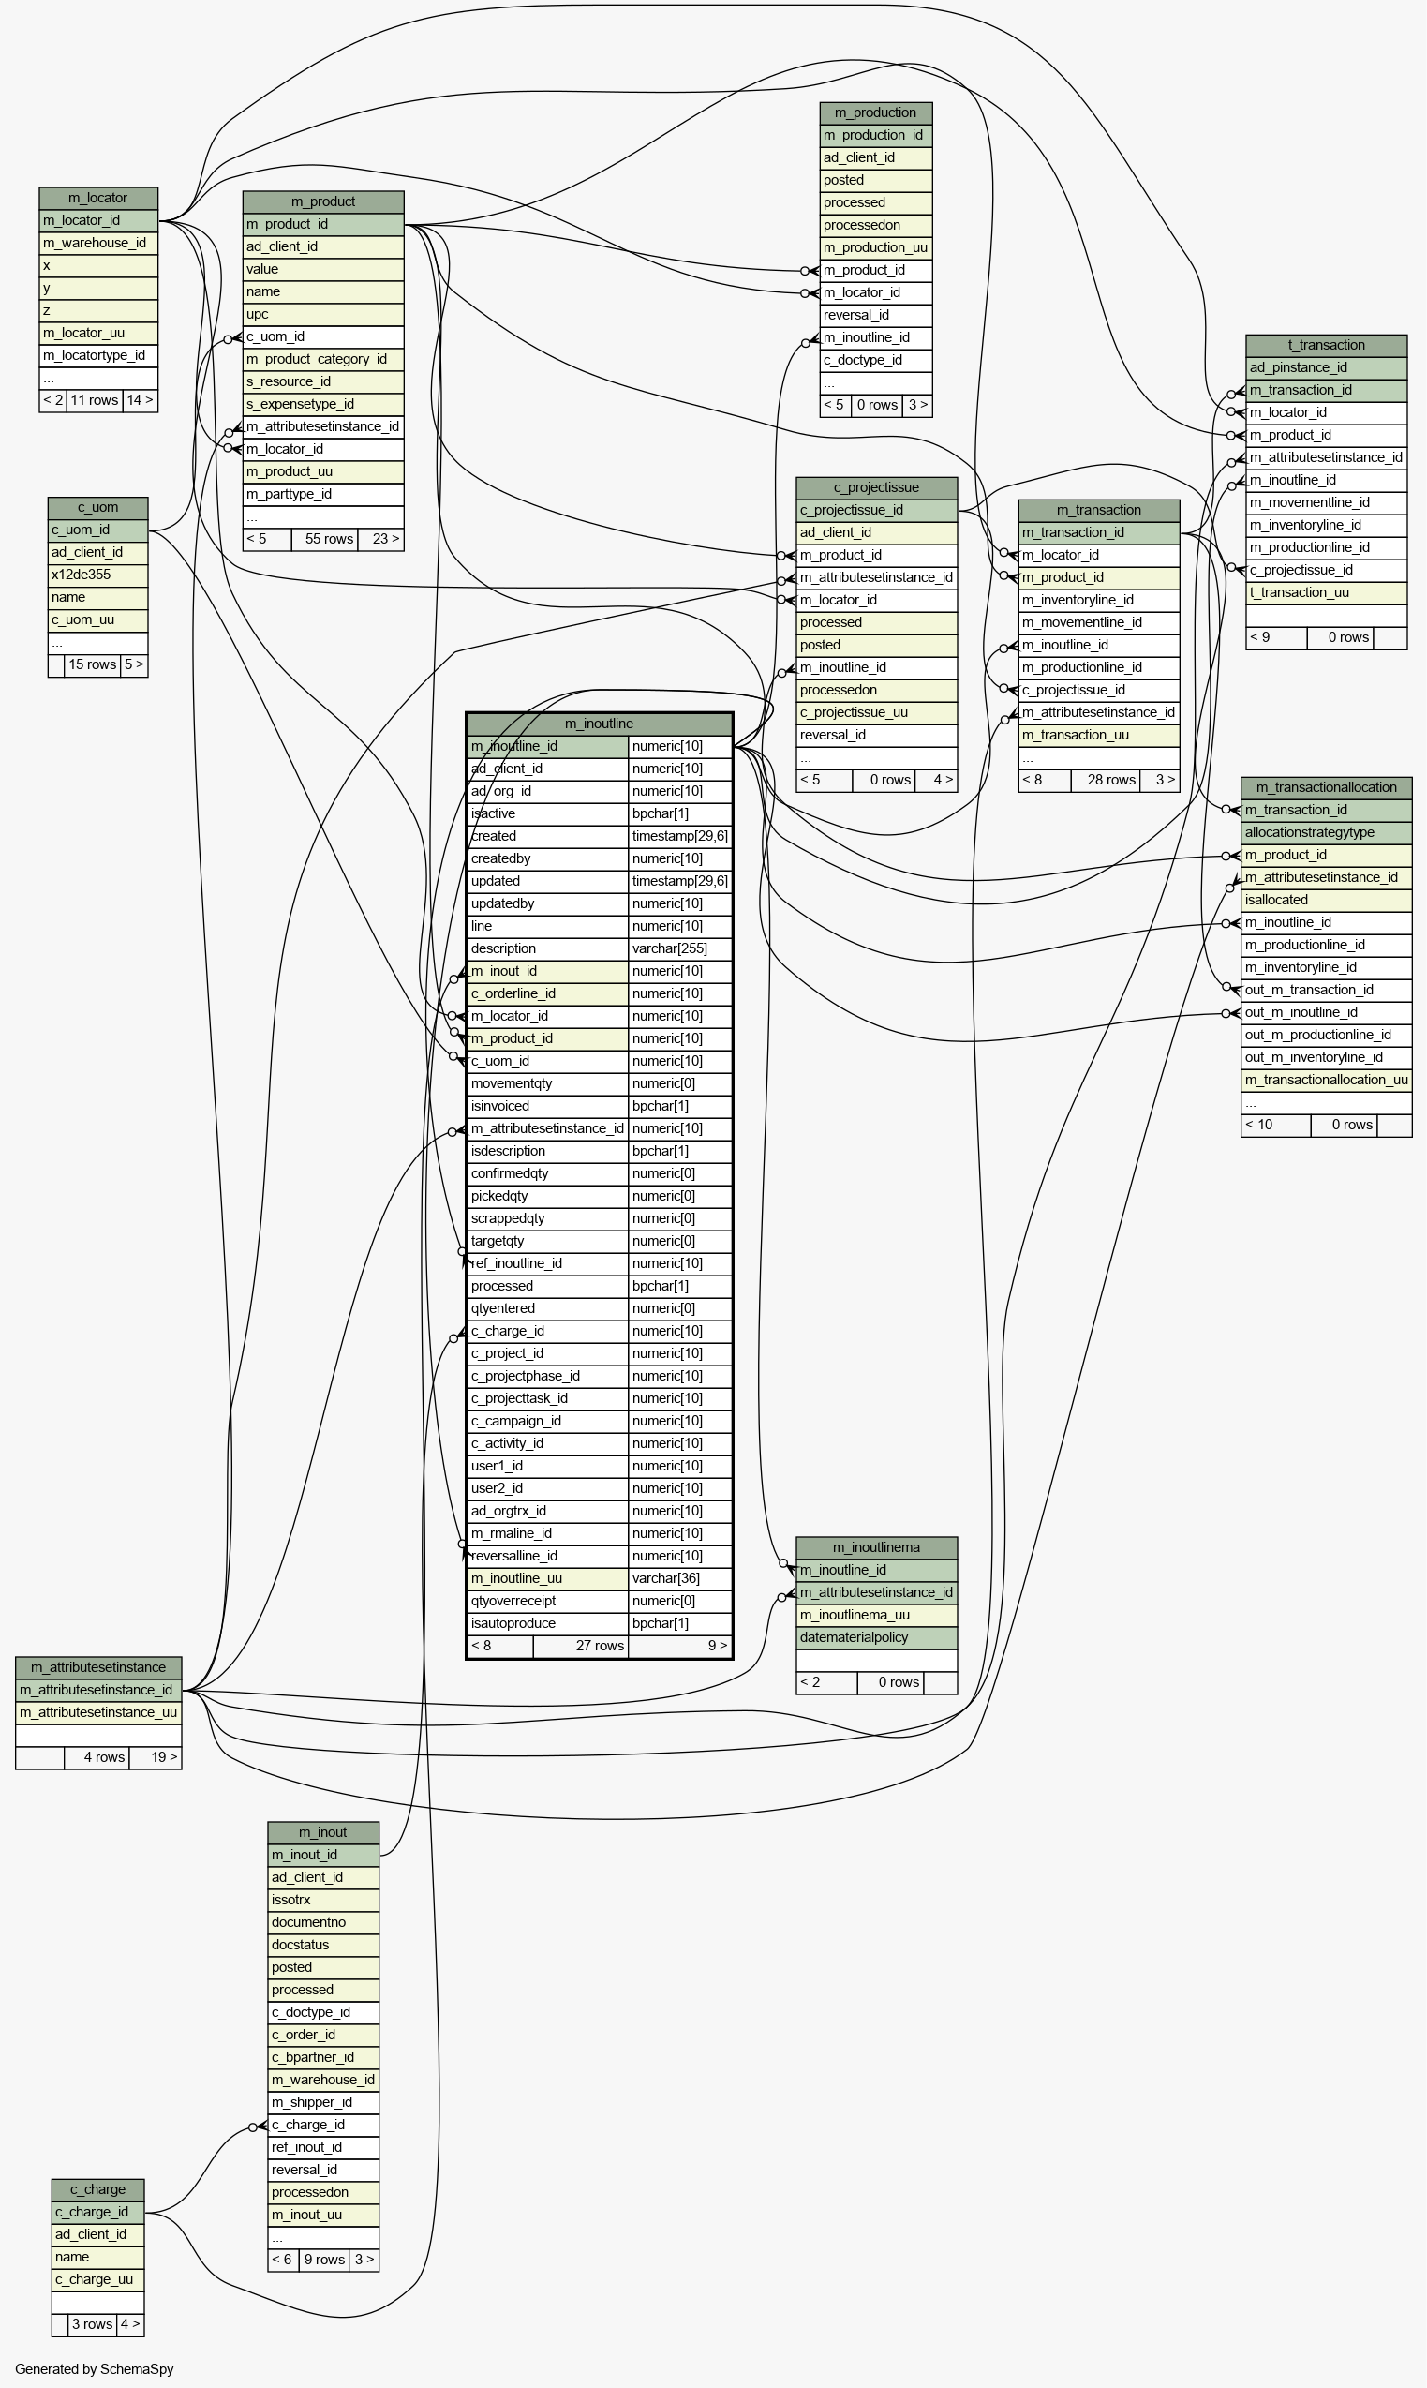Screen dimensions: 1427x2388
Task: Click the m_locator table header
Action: coord(98,198)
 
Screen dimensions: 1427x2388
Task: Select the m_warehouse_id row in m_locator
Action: coord(98,244)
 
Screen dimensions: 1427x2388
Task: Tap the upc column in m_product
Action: coord(323,315)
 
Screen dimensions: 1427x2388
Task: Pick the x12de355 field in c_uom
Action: coord(98,575)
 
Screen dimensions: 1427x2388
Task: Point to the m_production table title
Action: coord(876,113)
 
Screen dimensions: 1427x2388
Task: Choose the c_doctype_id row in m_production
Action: coord(876,361)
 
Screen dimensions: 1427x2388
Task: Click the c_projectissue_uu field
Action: coord(877,712)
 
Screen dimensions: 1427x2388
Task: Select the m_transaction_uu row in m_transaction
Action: coord(1099,736)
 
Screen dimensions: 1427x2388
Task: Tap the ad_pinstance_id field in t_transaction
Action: coord(1326,367)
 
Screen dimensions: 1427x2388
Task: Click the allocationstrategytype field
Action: coord(1327,833)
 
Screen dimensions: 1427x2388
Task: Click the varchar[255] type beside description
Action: coord(680,949)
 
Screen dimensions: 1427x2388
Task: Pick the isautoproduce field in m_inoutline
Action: coord(547,1623)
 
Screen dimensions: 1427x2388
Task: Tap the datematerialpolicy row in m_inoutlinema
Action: coord(877,1638)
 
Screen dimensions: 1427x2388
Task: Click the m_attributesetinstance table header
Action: coord(99,1667)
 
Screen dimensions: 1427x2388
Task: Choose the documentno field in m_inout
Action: coord(323,1922)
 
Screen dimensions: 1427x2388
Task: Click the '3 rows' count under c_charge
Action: coord(93,2325)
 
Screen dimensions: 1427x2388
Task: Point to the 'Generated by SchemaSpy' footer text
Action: coord(95,2368)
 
